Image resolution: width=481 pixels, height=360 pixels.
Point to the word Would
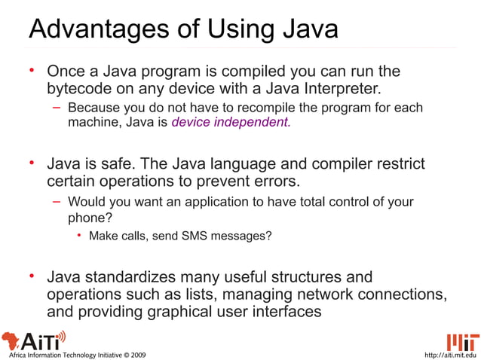[x=86, y=202]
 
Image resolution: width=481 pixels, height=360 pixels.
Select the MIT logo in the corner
[x=461, y=340]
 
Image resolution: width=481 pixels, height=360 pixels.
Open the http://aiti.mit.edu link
[x=451, y=354]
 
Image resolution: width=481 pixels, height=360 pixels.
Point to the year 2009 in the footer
[x=136, y=354]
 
